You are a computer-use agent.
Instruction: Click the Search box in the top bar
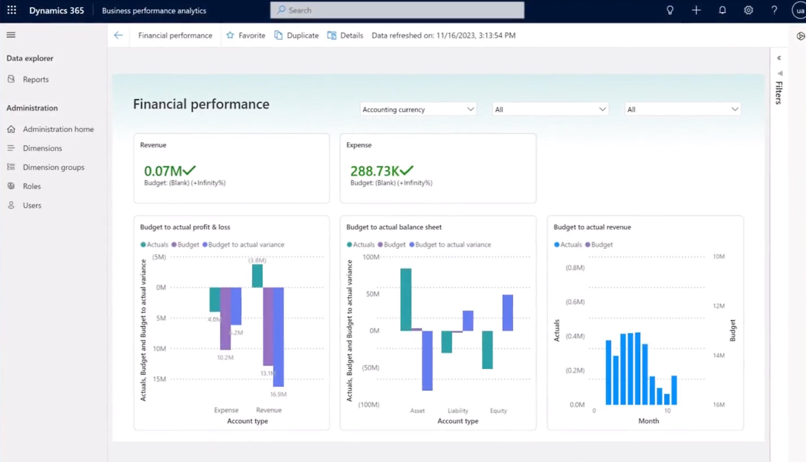click(397, 10)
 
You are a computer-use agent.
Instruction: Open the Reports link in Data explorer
click(35, 80)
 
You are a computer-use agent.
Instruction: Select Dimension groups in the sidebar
click(53, 167)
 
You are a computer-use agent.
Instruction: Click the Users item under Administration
click(32, 205)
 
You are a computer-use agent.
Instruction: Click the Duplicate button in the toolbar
click(296, 35)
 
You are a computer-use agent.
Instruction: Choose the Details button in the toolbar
click(345, 35)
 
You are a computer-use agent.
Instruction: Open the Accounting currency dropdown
click(418, 110)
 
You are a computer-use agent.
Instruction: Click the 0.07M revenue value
click(163, 171)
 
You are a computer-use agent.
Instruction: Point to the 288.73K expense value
click(374, 171)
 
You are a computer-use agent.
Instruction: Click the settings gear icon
click(748, 10)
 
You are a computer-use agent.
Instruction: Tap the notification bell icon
click(722, 10)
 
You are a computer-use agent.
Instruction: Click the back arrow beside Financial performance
click(118, 35)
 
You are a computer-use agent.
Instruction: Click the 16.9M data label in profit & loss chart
click(278, 394)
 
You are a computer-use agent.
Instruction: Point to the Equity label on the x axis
click(498, 411)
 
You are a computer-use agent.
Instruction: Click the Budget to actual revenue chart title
click(592, 227)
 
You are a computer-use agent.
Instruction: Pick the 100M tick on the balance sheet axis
click(371, 257)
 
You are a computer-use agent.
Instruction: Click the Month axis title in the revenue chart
click(649, 421)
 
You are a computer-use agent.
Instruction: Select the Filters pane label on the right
click(779, 93)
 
